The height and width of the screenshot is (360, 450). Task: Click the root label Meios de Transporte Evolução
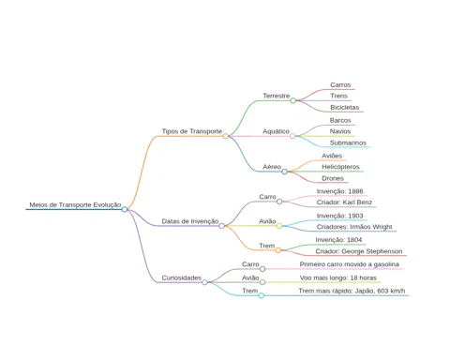click(75, 204)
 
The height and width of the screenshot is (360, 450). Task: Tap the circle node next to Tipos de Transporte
click(225, 136)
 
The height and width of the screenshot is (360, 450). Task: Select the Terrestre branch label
click(277, 96)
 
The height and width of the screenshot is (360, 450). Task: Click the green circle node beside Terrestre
click(292, 100)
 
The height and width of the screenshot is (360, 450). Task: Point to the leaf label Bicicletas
click(345, 107)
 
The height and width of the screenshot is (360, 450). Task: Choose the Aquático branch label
click(276, 131)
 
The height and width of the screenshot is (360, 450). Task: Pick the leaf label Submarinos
click(348, 142)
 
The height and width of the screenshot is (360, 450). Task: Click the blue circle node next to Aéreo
click(284, 172)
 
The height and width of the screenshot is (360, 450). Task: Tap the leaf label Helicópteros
click(340, 167)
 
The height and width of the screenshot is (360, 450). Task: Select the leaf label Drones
click(333, 178)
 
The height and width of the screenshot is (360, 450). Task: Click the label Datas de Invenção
click(190, 221)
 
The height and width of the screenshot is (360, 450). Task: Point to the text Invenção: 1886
click(339, 191)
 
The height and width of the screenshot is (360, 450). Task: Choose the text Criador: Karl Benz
click(344, 202)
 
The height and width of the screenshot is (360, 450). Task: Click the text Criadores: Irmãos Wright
click(354, 227)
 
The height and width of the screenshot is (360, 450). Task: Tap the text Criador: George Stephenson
click(359, 251)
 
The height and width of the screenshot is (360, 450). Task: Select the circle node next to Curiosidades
click(204, 282)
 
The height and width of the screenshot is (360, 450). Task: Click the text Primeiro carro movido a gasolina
click(350, 264)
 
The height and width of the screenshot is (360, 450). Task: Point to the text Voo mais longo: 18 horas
click(338, 277)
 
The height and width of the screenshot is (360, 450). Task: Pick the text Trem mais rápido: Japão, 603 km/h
click(352, 291)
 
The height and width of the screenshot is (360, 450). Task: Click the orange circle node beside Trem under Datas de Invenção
click(278, 250)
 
